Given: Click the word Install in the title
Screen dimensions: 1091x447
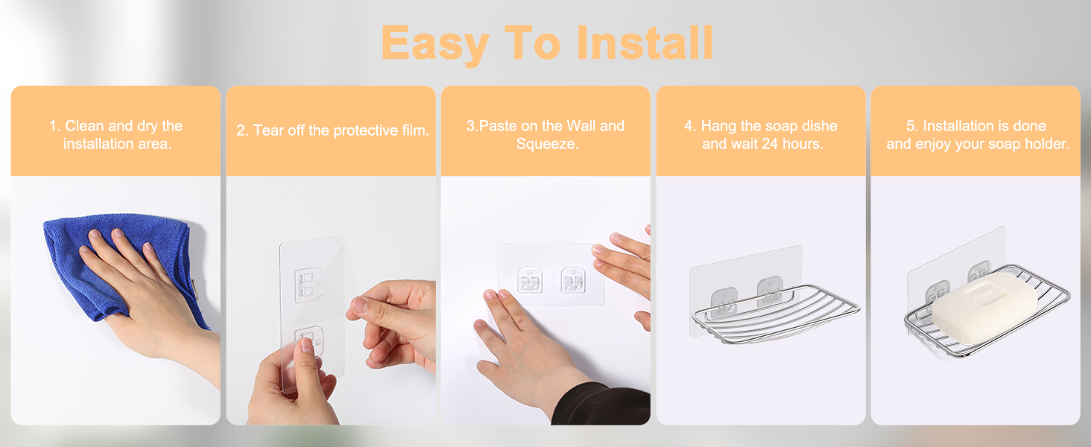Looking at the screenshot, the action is pos(645,43).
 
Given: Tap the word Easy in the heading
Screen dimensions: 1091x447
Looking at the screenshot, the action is pos(435,45).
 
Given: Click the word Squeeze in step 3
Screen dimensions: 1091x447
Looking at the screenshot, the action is pos(546,144).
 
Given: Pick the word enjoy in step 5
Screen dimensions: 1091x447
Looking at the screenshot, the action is pos(932,144).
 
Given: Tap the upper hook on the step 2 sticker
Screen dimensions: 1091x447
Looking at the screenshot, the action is pos(308,285).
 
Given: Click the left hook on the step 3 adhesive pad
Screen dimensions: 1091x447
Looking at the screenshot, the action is pos(529,280).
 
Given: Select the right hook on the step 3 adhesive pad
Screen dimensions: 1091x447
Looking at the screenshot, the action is pos(573,280).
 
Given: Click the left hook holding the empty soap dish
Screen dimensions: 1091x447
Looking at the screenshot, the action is pos(724,302).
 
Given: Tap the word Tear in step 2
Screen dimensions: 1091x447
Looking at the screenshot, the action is pos(268,130).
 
